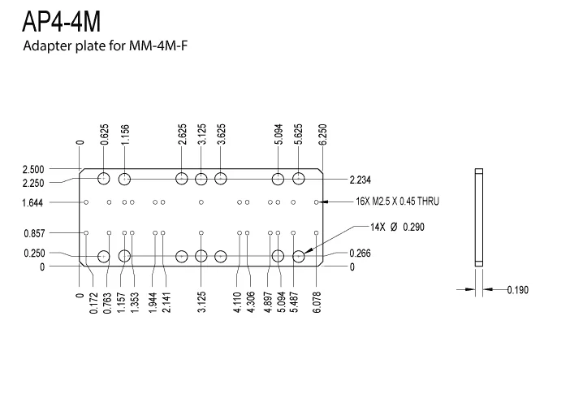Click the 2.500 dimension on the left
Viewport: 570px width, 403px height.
coord(33,169)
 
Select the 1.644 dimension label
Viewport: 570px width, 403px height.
coord(33,202)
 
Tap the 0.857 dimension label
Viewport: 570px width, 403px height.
coord(33,234)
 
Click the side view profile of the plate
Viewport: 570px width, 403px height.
coord(478,218)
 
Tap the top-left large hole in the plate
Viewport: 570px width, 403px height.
coord(104,179)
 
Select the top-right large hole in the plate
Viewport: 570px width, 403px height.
coord(299,179)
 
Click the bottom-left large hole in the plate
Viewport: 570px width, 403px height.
coord(104,257)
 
